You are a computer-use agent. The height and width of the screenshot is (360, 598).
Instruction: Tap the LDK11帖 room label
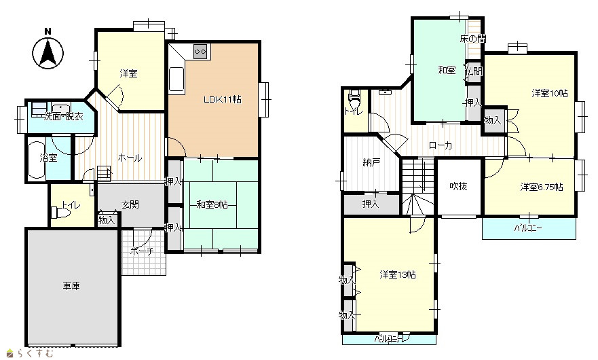pyautogui.click(x=223, y=100)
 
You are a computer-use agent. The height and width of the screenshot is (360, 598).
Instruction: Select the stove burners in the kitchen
pyautogui.click(x=201, y=51)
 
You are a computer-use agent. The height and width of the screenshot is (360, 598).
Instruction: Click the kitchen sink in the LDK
pyautogui.click(x=176, y=79)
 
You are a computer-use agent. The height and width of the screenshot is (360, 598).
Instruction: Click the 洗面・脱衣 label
pyautogui.click(x=63, y=117)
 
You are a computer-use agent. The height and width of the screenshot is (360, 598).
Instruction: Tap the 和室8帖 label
pyautogui.click(x=212, y=205)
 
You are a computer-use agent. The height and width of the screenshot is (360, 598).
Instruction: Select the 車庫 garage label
pyautogui.click(x=71, y=286)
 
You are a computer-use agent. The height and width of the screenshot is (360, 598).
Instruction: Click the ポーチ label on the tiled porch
pyautogui.click(x=141, y=251)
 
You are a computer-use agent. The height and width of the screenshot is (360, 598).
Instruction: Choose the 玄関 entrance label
pyautogui.click(x=130, y=204)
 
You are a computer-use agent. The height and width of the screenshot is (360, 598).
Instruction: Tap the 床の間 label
pyautogui.click(x=472, y=39)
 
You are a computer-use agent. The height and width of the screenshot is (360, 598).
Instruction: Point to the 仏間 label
pyautogui.click(x=473, y=71)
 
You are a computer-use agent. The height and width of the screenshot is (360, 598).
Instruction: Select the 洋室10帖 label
pyautogui.click(x=549, y=93)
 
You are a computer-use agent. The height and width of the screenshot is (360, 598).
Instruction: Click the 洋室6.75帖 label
pyautogui.click(x=542, y=187)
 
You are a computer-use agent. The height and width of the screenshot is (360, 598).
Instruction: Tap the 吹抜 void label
pyautogui.click(x=458, y=186)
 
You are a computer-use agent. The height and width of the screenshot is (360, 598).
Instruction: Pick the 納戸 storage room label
pyautogui.click(x=371, y=162)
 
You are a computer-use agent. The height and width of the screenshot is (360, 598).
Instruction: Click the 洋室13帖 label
pyautogui.click(x=397, y=275)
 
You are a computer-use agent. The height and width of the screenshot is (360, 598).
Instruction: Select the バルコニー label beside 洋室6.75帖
pyautogui.click(x=528, y=229)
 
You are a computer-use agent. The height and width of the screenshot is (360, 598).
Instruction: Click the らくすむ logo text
pyautogui.click(x=35, y=353)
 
